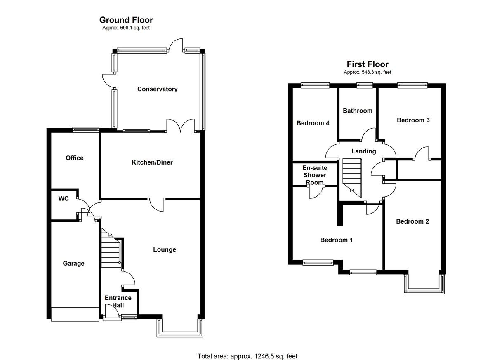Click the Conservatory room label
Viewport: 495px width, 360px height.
[x=157, y=89]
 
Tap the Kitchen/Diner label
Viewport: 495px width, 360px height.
[x=152, y=162]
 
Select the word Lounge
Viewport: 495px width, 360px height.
[x=164, y=249]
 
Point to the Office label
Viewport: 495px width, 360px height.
[x=74, y=158]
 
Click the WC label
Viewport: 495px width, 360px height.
[x=63, y=199]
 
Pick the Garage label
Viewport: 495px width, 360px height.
[x=73, y=264]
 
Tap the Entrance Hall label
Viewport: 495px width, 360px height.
[x=118, y=301]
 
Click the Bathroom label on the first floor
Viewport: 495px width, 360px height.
[x=357, y=111]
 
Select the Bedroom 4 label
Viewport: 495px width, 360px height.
[x=313, y=123]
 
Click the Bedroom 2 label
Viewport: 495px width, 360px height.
[x=412, y=221]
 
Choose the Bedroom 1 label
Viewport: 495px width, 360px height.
[x=337, y=240]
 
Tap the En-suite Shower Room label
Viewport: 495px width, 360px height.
[x=315, y=175]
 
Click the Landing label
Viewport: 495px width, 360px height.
[x=363, y=151]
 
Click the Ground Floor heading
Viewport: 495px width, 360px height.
[x=126, y=20]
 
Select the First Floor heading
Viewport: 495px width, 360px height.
[x=368, y=64]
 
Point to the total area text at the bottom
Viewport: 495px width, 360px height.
[x=247, y=356]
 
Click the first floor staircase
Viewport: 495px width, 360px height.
[x=352, y=177]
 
